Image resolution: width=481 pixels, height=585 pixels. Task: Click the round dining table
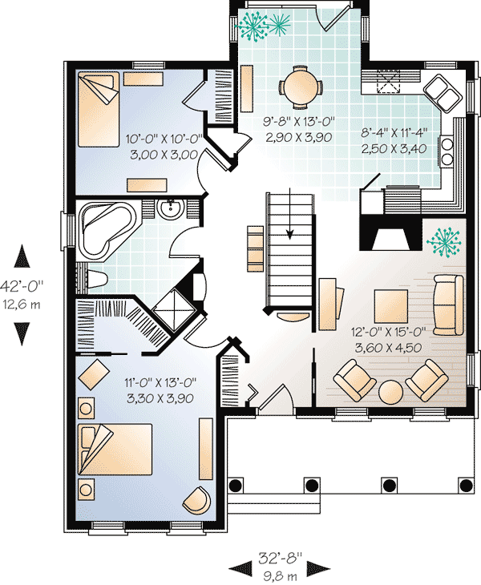[301, 87]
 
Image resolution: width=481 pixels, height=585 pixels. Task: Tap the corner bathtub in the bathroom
[107, 229]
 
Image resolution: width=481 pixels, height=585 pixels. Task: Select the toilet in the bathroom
[96, 279]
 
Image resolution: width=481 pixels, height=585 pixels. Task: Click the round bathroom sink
[170, 208]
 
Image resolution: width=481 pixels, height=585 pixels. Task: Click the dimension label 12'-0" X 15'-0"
[388, 331]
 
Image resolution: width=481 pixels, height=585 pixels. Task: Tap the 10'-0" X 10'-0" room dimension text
[164, 139]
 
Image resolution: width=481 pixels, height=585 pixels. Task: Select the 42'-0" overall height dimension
[22, 287]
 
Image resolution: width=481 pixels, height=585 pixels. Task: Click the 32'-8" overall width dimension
[280, 558]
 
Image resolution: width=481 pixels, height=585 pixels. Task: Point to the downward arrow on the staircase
[290, 213]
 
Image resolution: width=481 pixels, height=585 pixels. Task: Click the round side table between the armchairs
[390, 392]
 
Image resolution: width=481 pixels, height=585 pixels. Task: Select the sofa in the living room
[449, 305]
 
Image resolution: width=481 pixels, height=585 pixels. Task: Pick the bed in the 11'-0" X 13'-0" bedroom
[115, 450]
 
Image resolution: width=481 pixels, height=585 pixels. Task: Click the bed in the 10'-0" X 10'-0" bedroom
[99, 109]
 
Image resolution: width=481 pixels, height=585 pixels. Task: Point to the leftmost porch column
[236, 486]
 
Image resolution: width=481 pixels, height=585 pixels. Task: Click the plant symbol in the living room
[444, 242]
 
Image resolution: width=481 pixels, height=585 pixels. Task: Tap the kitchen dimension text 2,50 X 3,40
[394, 149]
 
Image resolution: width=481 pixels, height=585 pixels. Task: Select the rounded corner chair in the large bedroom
[196, 500]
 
